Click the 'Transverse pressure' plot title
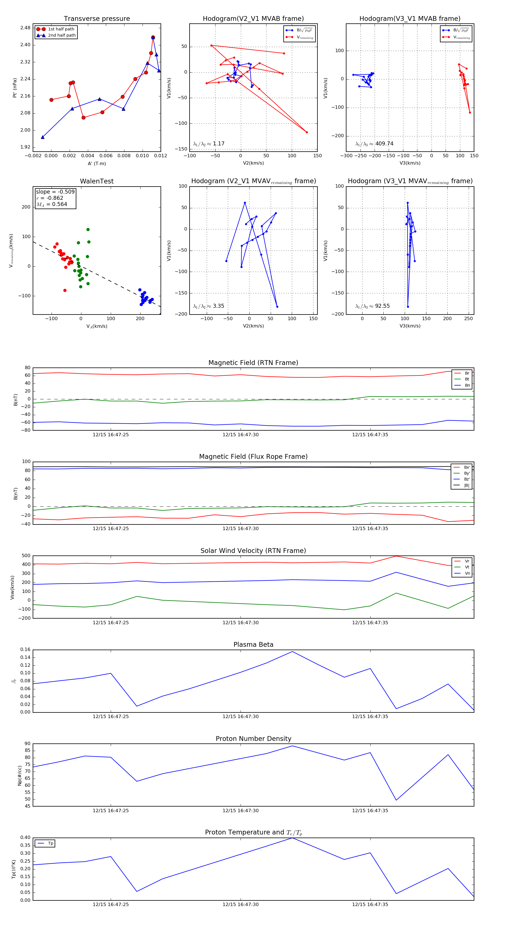[97, 19]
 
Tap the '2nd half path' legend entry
[62, 36]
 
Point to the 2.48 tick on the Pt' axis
[25, 28]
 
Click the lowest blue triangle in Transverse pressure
[43, 137]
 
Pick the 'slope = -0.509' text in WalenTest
[55, 192]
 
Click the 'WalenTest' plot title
[97, 181]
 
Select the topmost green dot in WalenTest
[88, 230]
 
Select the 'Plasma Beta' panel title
[253, 645]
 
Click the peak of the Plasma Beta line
[292, 652]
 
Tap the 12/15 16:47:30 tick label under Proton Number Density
[240, 811]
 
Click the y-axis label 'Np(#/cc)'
[20, 776]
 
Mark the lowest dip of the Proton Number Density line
[396, 800]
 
